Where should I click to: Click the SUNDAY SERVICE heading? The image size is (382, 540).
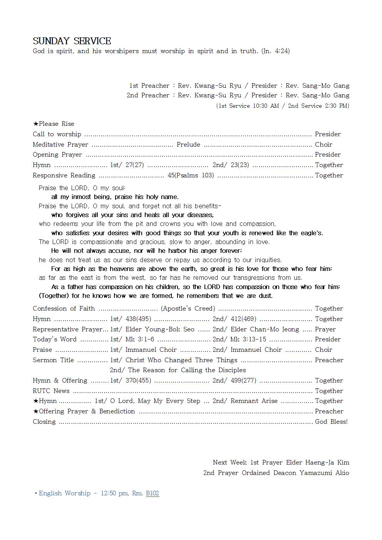[x=72, y=41]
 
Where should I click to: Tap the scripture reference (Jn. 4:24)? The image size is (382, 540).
[x=275, y=51]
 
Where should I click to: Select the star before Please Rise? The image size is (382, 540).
[x=35, y=124]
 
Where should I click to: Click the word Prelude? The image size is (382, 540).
[x=188, y=145]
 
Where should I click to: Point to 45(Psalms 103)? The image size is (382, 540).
[x=191, y=176]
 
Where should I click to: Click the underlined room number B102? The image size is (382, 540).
[x=152, y=493]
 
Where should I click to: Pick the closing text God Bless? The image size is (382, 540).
[x=331, y=421]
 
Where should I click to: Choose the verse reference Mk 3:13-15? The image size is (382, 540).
[x=248, y=339]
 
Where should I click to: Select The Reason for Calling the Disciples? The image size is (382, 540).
[x=187, y=370]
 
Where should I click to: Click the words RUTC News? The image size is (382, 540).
[x=51, y=391]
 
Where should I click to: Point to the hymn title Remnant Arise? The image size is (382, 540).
[x=254, y=401]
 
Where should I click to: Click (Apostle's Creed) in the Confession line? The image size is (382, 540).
[x=188, y=309]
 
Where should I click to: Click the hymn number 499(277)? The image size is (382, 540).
[x=243, y=381]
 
